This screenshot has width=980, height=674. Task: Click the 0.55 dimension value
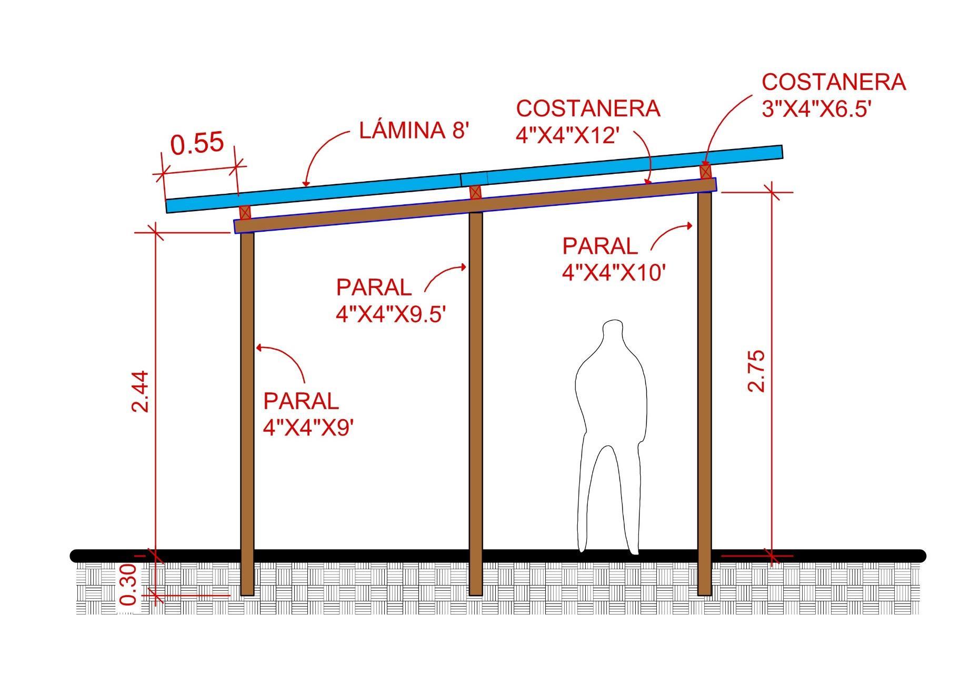point(197,143)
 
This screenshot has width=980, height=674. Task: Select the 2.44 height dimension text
point(141,392)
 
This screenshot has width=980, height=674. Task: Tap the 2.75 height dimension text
point(756,371)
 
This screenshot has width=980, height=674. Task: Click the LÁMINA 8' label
point(414,130)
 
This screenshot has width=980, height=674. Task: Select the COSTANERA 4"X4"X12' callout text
point(588,122)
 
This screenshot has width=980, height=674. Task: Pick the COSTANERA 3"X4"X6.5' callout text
point(834,95)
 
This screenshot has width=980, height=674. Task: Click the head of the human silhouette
point(613,333)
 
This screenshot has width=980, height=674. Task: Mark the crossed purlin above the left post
point(245,212)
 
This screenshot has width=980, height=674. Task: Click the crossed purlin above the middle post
point(475,192)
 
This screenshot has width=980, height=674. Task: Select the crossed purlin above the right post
point(705,172)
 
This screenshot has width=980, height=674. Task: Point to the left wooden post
point(247,411)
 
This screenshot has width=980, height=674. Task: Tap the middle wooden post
point(475,400)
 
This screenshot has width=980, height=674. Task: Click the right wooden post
point(705,390)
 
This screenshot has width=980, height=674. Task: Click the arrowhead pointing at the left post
point(258,347)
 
